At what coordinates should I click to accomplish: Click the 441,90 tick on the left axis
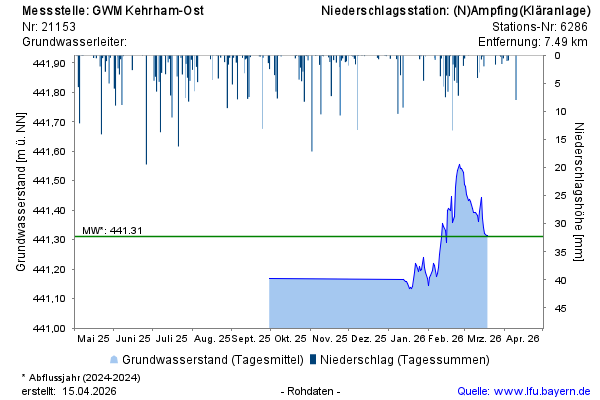click(49, 63)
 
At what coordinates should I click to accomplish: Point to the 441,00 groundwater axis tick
click(49, 328)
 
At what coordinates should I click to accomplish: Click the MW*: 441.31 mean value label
click(113, 230)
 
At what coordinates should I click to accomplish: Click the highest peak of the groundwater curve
click(459, 165)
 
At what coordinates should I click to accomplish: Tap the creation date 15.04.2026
click(91, 391)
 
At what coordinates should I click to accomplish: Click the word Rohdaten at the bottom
click(311, 391)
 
